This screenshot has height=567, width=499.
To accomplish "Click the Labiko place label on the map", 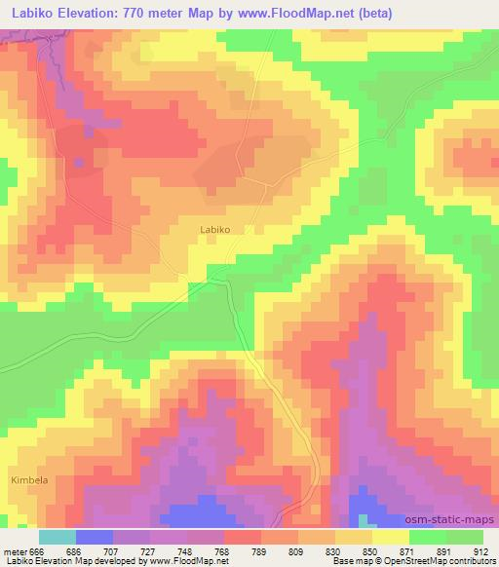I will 213,230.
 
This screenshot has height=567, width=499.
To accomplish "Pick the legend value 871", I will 406,550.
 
